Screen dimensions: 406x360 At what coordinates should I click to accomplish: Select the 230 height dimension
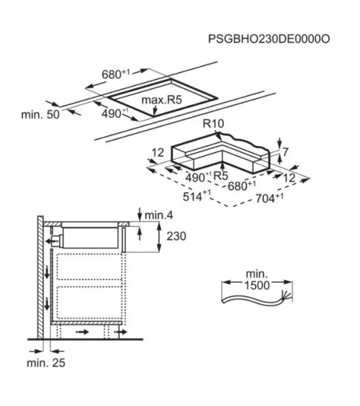coord(175,237)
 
